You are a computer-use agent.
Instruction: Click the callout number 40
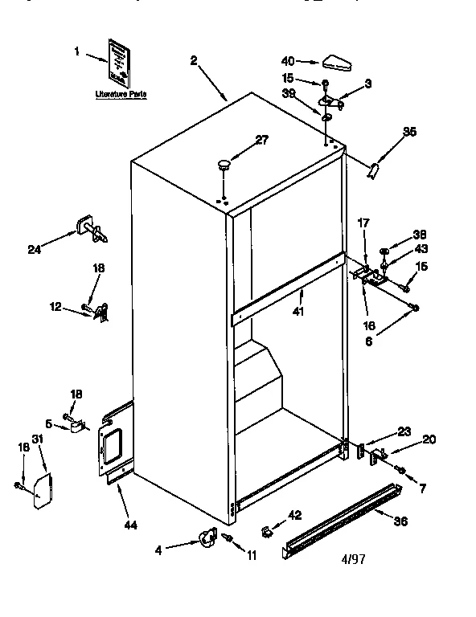[x=287, y=60]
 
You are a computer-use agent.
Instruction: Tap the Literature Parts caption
[x=121, y=94]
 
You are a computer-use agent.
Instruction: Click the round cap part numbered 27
[x=224, y=165]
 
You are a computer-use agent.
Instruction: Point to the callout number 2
[x=194, y=59]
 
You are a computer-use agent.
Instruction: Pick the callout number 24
[x=34, y=249]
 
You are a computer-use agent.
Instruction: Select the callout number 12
[x=55, y=306]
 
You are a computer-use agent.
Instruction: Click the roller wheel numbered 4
[x=207, y=537]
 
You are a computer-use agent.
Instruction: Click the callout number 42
[x=294, y=515]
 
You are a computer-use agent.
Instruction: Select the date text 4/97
[x=352, y=559]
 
